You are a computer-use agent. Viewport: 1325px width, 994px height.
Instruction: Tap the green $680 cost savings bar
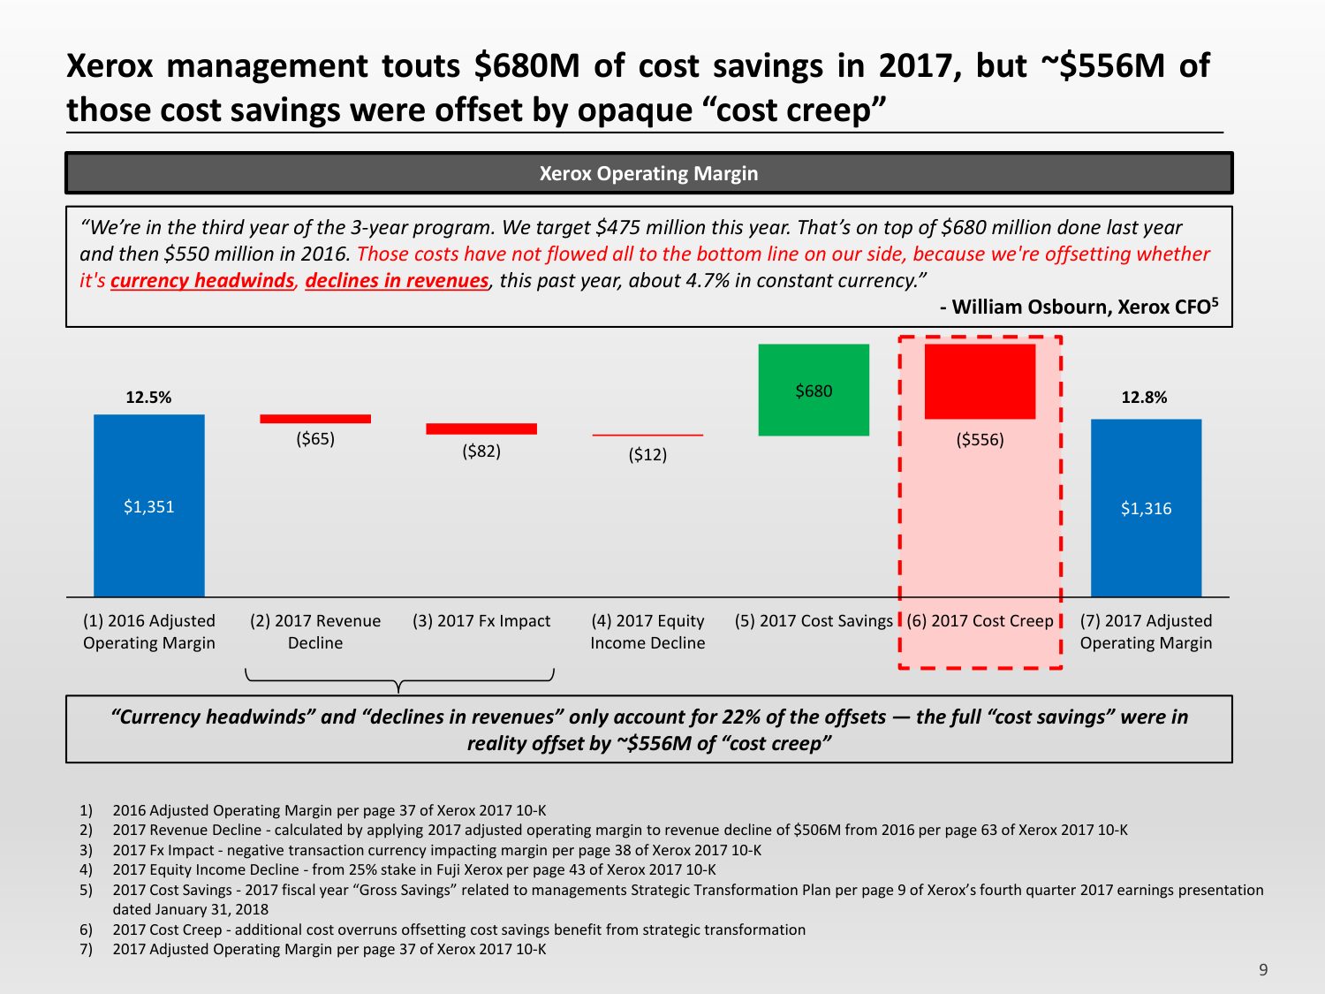(x=814, y=390)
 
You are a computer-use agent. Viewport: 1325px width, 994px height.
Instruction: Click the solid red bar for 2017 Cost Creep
(x=980, y=381)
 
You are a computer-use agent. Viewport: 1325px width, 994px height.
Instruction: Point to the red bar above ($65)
(x=315, y=419)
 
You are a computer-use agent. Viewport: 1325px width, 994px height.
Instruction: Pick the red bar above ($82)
(x=481, y=429)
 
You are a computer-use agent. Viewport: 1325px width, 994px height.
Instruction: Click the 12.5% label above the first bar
(x=148, y=398)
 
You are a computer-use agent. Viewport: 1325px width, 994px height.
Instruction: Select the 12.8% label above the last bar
(x=1144, y=398)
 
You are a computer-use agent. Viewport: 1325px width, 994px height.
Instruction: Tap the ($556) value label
(x=980, y=440)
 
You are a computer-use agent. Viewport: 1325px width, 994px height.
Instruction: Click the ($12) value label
(x=647, y=455)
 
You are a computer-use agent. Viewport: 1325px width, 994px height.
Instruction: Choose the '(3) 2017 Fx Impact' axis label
(x=481, y=621)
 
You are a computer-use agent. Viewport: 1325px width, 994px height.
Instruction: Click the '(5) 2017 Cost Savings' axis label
(x=814, y=621)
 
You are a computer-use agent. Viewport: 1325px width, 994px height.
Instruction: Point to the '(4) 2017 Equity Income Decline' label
(x=647, y=632)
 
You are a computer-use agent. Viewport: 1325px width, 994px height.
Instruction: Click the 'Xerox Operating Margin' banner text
(x=648, y=173)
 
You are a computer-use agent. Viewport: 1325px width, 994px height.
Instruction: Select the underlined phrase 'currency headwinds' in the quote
(x=202, y=281)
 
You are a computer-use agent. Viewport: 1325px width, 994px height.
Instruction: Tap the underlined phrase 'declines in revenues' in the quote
(x=397, y=281)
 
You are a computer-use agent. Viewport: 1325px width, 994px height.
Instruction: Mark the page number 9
(x=1263, y=970)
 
